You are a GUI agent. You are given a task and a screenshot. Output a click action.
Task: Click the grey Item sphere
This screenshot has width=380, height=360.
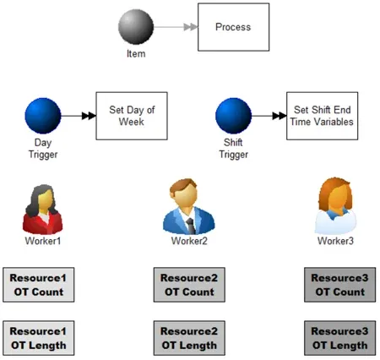[x=136, y=27]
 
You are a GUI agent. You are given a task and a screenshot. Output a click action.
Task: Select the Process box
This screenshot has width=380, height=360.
[x=233, y=27]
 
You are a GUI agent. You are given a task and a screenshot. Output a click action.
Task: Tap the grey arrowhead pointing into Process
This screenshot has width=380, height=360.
[x=191, y=27]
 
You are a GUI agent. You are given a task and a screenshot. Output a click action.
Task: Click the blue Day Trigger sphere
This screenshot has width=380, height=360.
[x=43, y=116]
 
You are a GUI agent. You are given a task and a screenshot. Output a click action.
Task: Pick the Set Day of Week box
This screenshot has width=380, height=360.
[x=132, y=116]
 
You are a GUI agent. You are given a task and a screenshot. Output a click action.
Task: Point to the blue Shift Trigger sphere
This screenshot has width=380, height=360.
[x=233, y=116]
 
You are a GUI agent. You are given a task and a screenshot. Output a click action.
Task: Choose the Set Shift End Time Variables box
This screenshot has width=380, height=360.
[x=323, y=116]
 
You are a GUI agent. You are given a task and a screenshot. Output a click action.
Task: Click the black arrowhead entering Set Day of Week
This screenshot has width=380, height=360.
[x=89, y=116]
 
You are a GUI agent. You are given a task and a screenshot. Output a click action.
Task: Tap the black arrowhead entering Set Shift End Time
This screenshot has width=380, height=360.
[x=280, y=116]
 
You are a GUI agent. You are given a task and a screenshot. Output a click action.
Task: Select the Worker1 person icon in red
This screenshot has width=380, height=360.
[x=42, y=210]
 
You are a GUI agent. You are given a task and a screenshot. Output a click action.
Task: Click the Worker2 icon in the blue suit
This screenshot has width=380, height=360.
[x=188, y=206]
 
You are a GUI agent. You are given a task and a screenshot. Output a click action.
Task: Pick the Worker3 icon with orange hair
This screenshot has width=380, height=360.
[x=335, y=206]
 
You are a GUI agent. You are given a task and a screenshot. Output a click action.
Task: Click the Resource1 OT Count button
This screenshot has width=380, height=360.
[x=39, y=285]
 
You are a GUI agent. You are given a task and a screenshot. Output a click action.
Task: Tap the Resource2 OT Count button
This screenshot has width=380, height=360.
[x=189, y=285]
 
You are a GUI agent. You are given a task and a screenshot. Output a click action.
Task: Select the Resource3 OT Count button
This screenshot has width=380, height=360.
[x=340, y=285]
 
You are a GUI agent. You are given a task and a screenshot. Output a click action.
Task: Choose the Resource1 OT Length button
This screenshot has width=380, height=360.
[x=39, y=338]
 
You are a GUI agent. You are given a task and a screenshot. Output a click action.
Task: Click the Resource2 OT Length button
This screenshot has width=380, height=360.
[x=189, y=338]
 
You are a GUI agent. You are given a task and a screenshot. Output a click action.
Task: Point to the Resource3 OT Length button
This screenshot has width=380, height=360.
[x=340, y=338]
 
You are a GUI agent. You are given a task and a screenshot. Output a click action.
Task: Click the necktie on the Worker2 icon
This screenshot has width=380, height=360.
[x=191, y=226]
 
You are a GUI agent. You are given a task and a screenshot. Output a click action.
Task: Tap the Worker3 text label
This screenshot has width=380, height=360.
[x=335, y=241]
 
